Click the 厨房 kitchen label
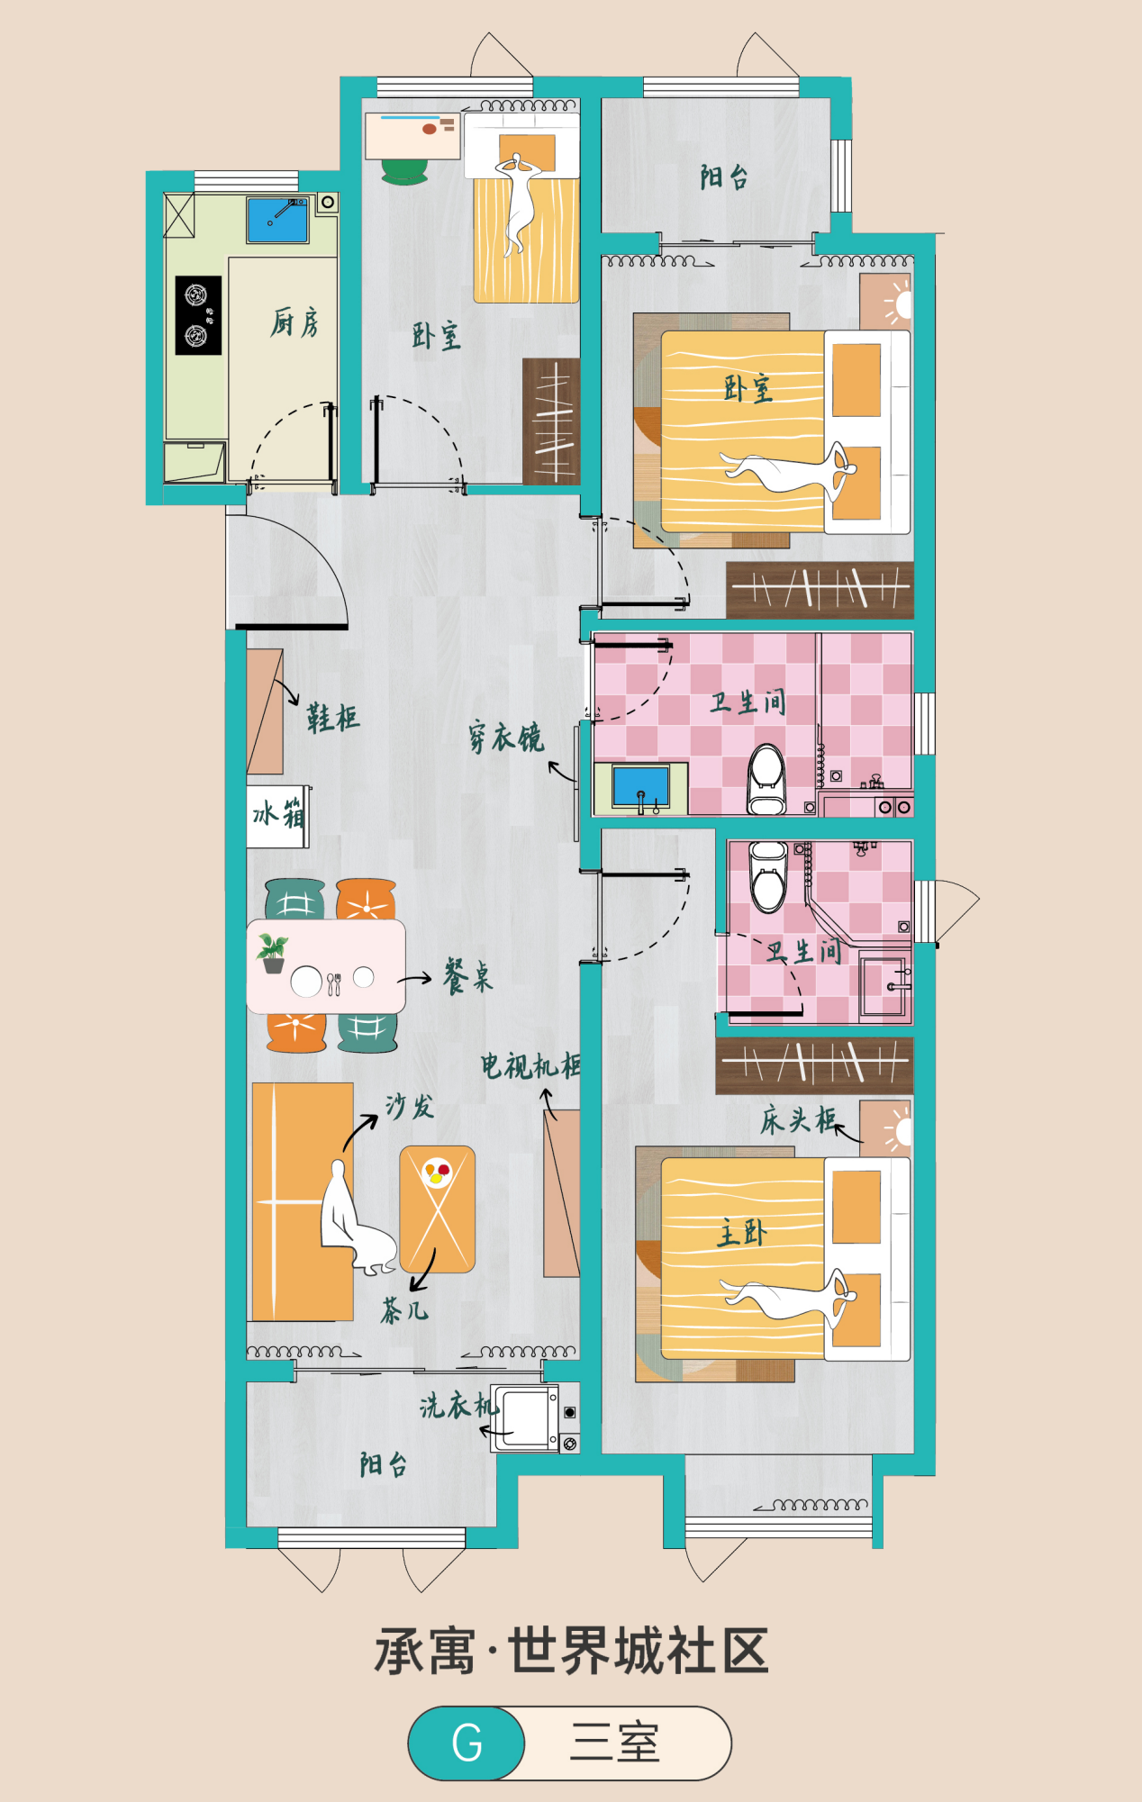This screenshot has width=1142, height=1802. pos(295,321)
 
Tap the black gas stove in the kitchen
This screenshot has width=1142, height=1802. pos(198,315)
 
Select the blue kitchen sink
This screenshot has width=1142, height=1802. pos(278,221)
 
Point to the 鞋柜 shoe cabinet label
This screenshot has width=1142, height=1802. pos(332,718)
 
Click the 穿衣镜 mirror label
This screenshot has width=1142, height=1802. pos(505,738)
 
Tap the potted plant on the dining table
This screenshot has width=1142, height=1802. pos(272,953)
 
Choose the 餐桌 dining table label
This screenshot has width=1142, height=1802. pos(468,976)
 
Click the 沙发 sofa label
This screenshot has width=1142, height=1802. pos(410,1106)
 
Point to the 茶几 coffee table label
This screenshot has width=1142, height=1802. pos(404,1309)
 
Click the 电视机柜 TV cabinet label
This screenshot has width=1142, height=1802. pos(530,1065)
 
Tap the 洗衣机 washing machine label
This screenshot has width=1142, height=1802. pos(458,1405)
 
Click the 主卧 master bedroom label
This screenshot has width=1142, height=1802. pos(741,1232)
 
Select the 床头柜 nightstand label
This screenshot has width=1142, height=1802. pos(798,1120)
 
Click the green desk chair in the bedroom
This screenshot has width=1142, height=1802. pos(404,171)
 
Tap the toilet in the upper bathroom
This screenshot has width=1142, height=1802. pos(766,778)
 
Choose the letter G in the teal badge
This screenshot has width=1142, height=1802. pos(467,1743)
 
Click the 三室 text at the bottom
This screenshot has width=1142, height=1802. pos(615,1743)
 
